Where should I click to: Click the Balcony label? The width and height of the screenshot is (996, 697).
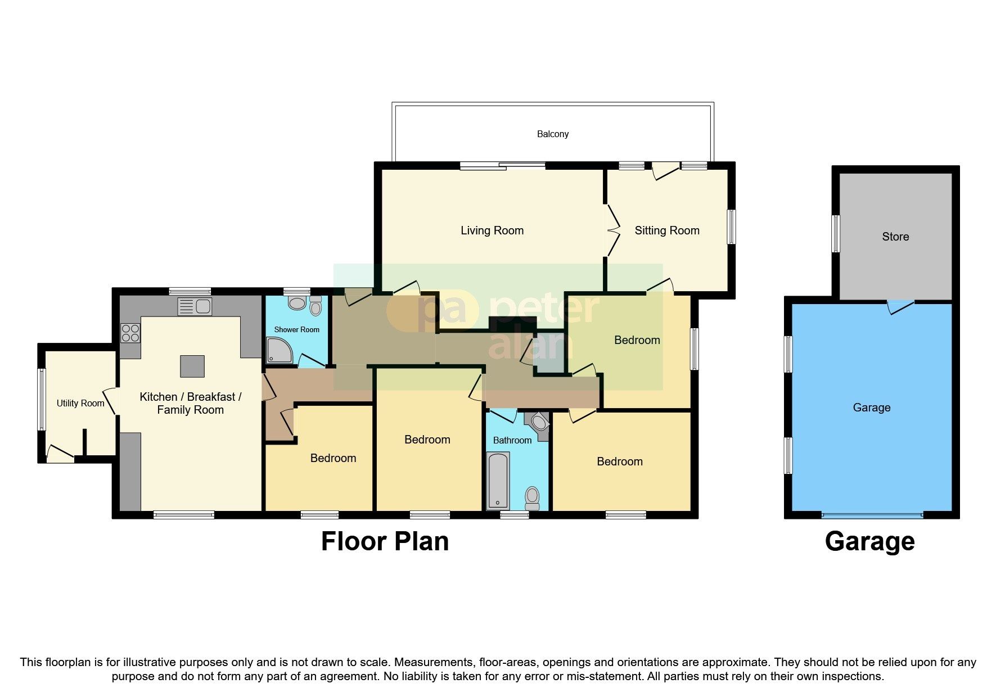[x=552, y=134]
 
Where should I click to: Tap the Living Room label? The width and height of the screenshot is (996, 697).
[x=492, y=230]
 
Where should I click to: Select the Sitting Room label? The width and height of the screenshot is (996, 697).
[x=666, y=230]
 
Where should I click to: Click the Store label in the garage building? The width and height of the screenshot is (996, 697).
[x=895, y=237]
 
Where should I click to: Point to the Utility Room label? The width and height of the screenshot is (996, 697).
[x=80, y=403]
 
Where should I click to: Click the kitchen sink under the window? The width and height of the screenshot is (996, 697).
[x=195, y=307]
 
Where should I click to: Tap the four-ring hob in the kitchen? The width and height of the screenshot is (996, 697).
[x=130, y=333]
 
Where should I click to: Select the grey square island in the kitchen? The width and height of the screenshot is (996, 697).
[x=192, y=366]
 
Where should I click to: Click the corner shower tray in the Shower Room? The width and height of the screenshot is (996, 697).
[x=279, y=350]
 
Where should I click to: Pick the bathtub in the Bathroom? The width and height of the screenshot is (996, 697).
[x=498, y=481]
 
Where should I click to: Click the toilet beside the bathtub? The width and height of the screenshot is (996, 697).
[x=531, y=497]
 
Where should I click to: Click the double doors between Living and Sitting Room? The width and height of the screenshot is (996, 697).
[x=612, y=230]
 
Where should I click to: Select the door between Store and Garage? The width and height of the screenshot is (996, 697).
[x=900, y=306]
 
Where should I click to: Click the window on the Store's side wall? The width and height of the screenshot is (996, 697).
[x=836, y=234]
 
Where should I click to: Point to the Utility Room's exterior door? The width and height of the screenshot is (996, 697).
[x=60, y=454]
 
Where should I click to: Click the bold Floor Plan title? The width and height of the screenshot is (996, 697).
[x=385, y=541]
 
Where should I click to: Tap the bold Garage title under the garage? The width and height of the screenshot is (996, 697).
[x=869, y=541]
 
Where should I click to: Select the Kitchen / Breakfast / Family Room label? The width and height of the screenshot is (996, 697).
[x=190, y=403]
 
